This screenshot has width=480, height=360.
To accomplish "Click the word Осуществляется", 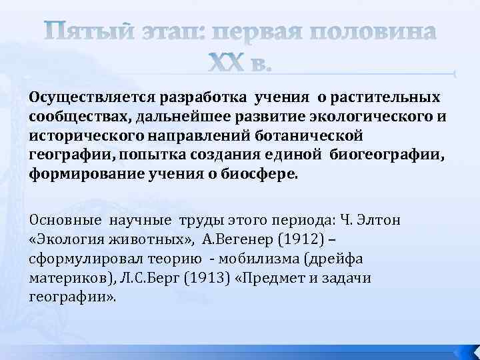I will [x=82, y=99].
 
